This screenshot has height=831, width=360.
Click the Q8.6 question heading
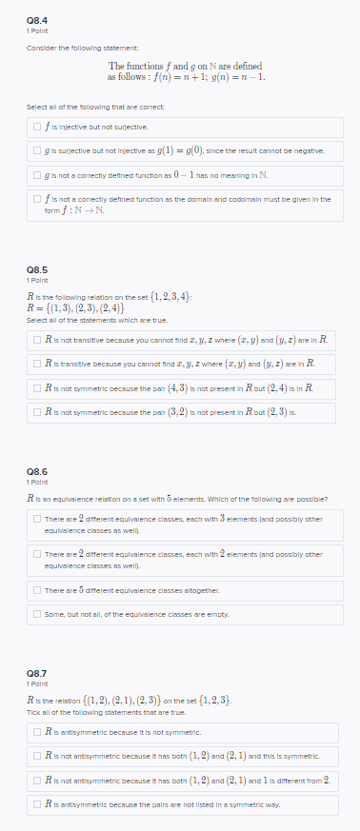[37, 470]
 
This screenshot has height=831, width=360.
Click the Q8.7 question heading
[37, 672]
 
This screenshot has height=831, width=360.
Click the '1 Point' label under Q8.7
[37, 683]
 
